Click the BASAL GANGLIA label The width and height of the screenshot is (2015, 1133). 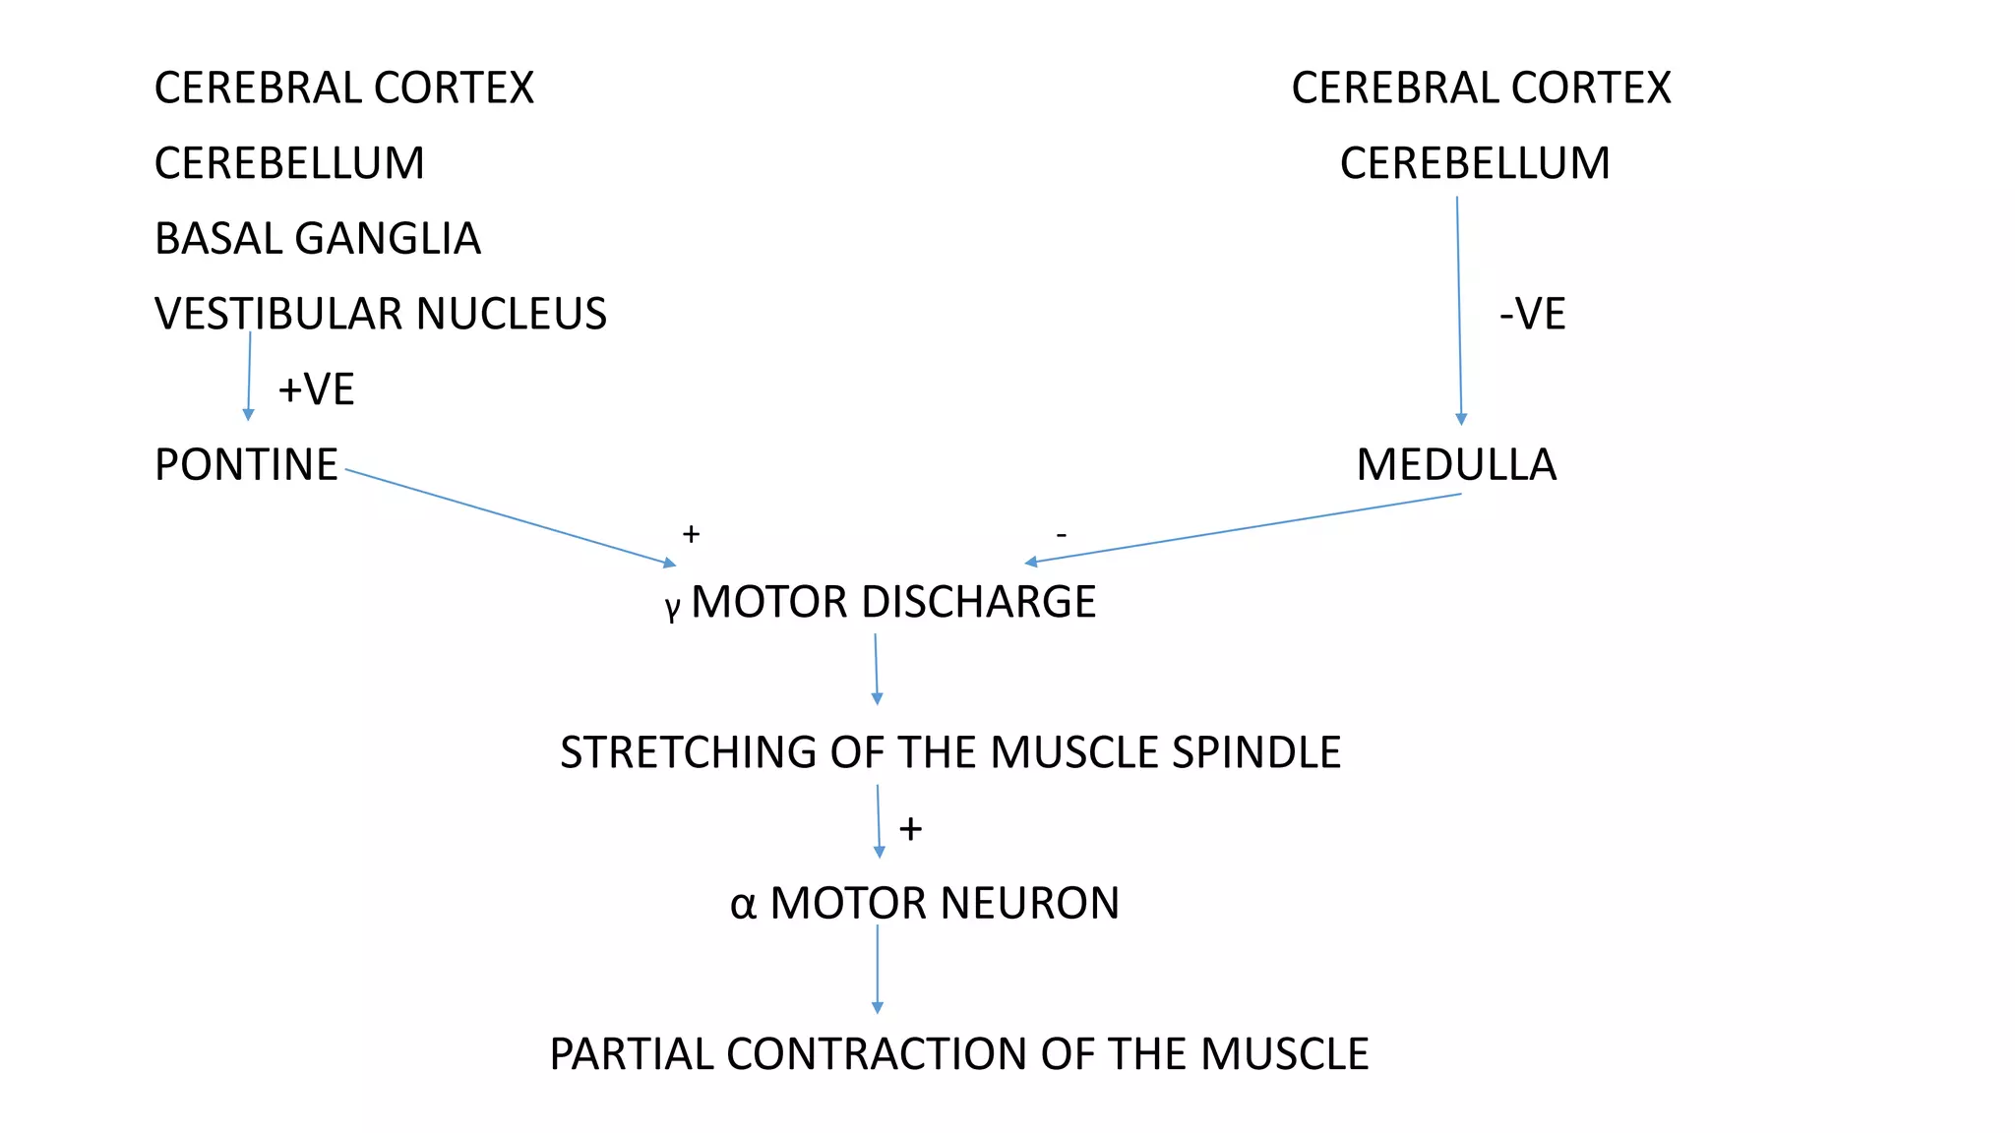[317, 239]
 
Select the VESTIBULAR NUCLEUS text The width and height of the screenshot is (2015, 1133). [380, 315]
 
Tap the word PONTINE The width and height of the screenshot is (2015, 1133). [246, 465]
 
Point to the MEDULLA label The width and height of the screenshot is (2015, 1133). [1456, 465]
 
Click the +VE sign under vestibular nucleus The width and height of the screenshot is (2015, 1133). [316, 390]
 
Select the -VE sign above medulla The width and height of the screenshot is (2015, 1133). [1532, 315]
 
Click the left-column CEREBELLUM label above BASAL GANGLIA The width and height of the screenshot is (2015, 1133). [289, 163]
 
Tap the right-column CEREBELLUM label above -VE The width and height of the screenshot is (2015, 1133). [1475, 163]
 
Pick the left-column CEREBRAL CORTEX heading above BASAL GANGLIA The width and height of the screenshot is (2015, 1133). [343, 89]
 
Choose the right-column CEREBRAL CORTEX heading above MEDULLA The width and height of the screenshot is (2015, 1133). [1481, 89]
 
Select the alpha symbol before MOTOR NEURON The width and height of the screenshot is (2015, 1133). [743, 905]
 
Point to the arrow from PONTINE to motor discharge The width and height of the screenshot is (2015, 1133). [512, 517]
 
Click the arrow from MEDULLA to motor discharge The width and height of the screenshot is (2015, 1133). [1245, 528]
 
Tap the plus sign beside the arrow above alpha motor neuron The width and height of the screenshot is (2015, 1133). [911, 829]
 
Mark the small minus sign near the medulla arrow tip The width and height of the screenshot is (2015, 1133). [1061, 535]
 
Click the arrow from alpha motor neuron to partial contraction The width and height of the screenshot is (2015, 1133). [878, 969]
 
